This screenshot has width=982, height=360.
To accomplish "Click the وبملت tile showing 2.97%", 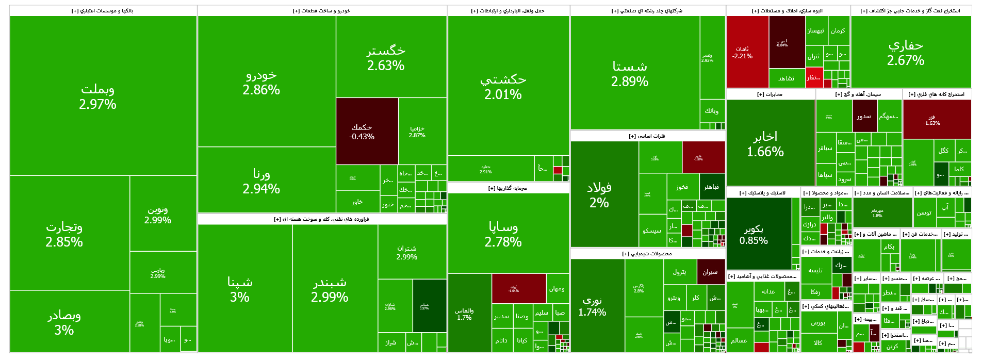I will click(x=98, y=96).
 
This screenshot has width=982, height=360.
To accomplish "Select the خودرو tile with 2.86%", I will click(x=261, y=82).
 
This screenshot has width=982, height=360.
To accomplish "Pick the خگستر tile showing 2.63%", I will click(x=386, y=58).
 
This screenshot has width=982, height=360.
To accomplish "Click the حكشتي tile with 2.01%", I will click(x=503, y=87).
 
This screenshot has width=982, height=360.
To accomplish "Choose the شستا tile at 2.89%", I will click(x=630, y=74).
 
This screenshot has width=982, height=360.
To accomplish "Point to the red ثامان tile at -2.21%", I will click(x=743, y=52).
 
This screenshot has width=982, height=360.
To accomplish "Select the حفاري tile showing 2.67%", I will click(x=906, y=53).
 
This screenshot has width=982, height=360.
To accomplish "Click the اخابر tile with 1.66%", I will click(x=765, y=143).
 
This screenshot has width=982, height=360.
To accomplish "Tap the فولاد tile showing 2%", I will click(x=599, y=194).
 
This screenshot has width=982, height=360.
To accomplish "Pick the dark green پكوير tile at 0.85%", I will click(x=754, y=235).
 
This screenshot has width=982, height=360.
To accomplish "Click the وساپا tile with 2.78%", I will click(x=503, y=234).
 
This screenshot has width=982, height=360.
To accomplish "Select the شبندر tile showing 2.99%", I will click(x=330, y=289).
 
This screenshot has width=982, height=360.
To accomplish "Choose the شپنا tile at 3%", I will click(x=240, y=289).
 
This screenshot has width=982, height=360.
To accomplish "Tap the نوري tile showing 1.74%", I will click(x=592, y=306).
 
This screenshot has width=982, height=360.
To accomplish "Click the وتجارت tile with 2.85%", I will click(x=64, y=234).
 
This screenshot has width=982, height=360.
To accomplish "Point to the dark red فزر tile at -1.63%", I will click(x=931, y=120).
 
